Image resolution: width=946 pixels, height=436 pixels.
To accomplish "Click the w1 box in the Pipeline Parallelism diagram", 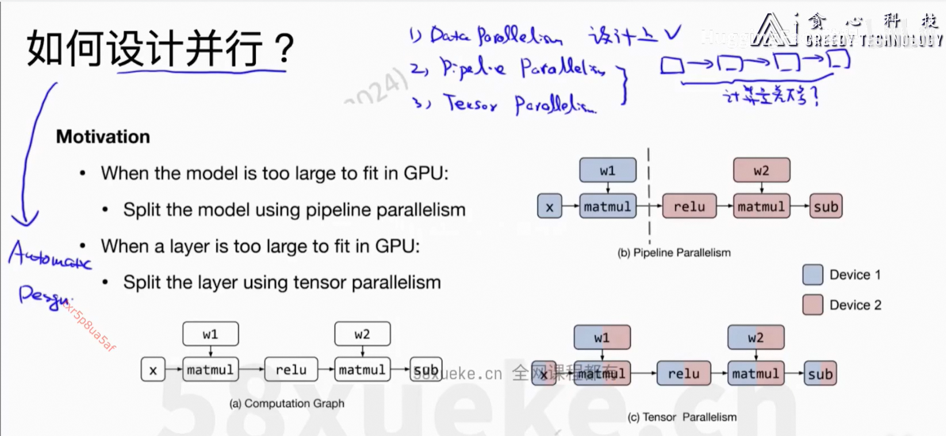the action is [x=607, y=171].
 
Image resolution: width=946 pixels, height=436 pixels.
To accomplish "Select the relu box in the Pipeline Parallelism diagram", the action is [x=689, y=207].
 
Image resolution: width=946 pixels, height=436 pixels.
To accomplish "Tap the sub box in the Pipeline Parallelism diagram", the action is [x=826, y=207].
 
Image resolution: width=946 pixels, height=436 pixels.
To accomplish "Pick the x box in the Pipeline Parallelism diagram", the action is [x=549, y=207].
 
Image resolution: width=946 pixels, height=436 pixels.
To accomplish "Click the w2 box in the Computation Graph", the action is [x=362, y=334].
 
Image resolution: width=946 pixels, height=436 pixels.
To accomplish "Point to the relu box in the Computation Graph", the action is [x=291, y=370].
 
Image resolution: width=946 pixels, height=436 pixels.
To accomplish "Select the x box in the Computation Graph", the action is [x=153, y=370].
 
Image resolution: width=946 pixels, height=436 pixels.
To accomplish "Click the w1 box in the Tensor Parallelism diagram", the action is [x=602, y=338].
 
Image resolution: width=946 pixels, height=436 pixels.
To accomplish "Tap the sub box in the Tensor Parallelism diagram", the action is [x=819, y=374].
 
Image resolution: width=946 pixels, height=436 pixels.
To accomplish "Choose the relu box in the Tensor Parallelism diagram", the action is [x=683, y=374].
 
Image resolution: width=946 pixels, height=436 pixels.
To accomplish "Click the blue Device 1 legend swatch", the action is [x=813, y=275].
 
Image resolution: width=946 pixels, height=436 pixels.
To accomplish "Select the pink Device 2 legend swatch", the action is [x=813, y=305].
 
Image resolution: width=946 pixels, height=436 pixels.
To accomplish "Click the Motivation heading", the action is [x=103, y=137].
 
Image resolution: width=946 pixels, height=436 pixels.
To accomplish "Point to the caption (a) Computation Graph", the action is [x=286, y=404].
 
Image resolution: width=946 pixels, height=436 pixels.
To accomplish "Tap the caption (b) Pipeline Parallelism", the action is [x=673, y=253].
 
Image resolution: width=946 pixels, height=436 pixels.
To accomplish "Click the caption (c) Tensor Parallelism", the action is [x=681, y=417].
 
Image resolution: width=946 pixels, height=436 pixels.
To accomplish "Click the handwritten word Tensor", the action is [x=470, y=104].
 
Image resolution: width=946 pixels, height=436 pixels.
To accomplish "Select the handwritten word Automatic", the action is [x=49, y=255].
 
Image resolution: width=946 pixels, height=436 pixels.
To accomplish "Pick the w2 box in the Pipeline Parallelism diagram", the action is [x=761, y=171].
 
